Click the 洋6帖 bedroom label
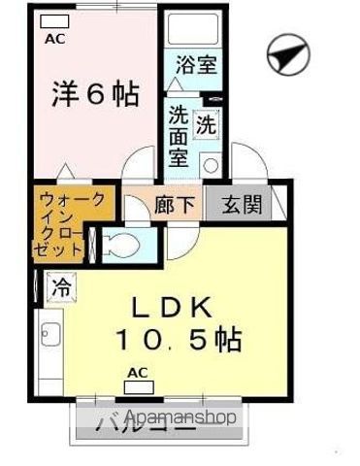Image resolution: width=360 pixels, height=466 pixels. [x=94, y=95]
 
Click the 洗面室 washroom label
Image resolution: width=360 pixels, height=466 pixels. [x=180, y=135]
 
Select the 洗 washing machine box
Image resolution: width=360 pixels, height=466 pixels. [x=207, y=125]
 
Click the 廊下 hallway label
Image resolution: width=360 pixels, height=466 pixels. [x=172, y=206]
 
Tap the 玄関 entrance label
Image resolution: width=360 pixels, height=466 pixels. [x=237, y=206]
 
